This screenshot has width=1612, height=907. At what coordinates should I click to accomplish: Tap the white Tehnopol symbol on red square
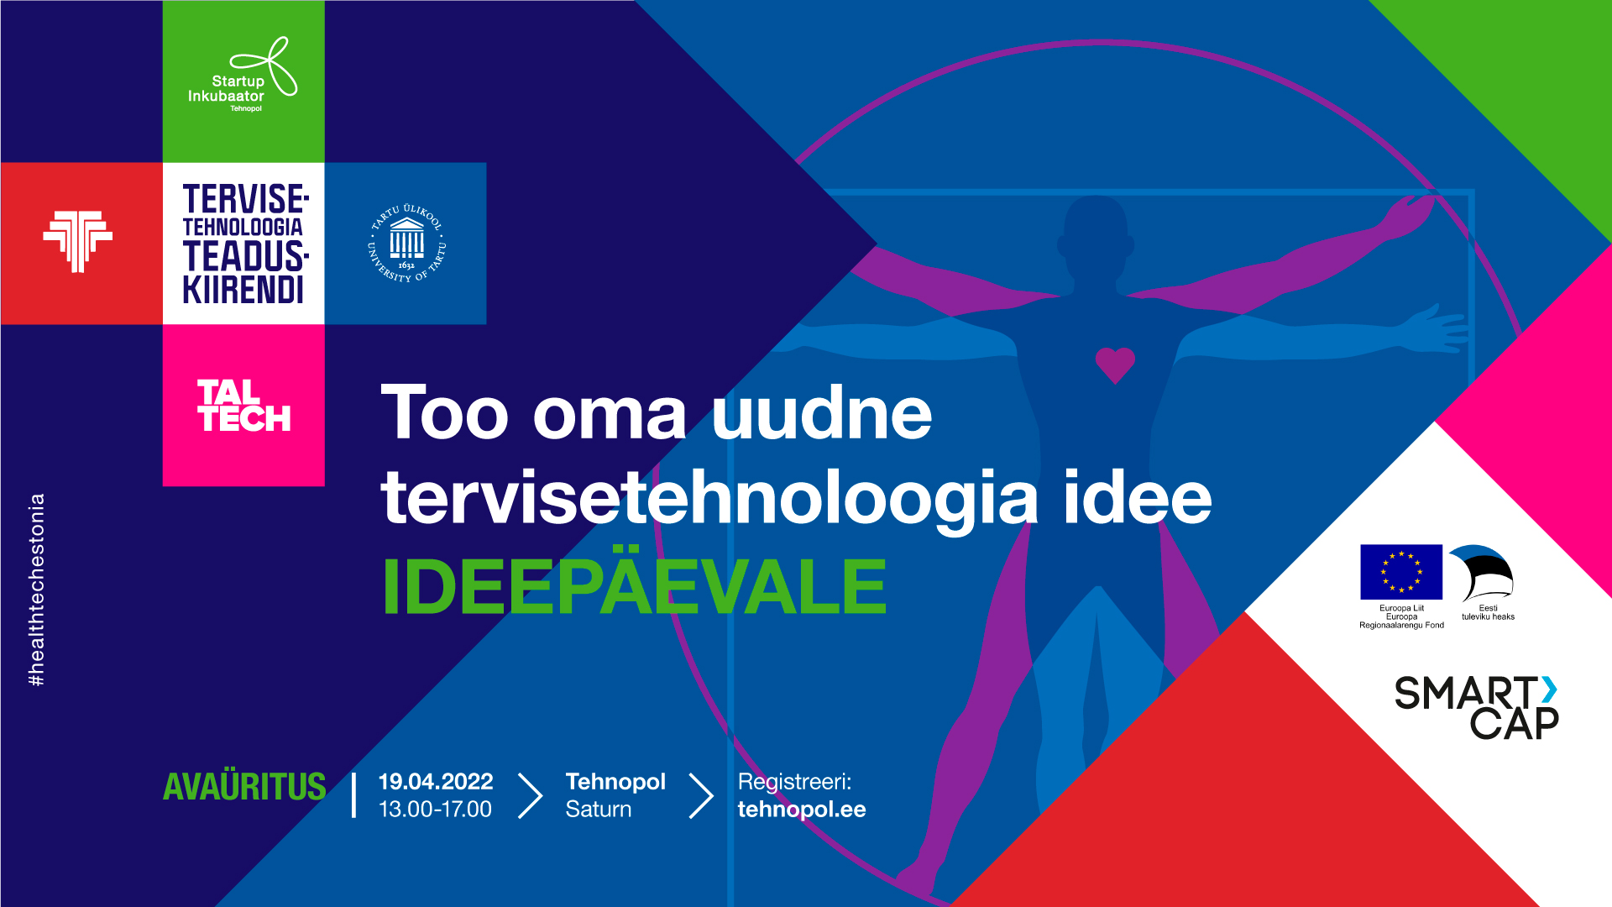[x=78, y=241]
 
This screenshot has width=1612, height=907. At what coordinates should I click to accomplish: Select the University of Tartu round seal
[x=407, y=244]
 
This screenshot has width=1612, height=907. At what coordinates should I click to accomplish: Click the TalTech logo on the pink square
[x=243, y=406]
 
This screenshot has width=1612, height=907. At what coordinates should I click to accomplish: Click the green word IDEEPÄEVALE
[x=634, y=587]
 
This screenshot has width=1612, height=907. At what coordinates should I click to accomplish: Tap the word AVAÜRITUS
[x=244, y=787]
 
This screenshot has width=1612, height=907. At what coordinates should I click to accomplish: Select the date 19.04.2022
[x=436, y=782]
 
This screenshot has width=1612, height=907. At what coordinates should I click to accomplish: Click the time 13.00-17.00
[x=435, y=810]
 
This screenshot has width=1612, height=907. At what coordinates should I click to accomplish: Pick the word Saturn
[x=598, y=810]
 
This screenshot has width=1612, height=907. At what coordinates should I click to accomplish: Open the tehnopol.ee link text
[x=802, y=810]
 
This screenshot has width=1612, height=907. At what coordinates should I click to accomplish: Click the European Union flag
[x=1401, y=572]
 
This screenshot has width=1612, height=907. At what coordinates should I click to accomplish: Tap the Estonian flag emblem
[x=1487, y=573]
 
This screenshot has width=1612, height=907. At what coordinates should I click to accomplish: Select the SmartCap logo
[x=1476, y=708]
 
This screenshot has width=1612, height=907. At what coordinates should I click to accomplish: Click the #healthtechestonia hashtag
[x=37, y=590]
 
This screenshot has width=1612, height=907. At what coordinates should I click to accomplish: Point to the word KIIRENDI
[x=243, y=291]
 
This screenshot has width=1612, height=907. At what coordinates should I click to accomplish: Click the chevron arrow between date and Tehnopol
[x=530, y=795]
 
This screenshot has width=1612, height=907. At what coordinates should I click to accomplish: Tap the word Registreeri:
[x=794, y=782]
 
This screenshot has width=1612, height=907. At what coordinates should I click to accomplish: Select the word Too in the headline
[x=445, y=413]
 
